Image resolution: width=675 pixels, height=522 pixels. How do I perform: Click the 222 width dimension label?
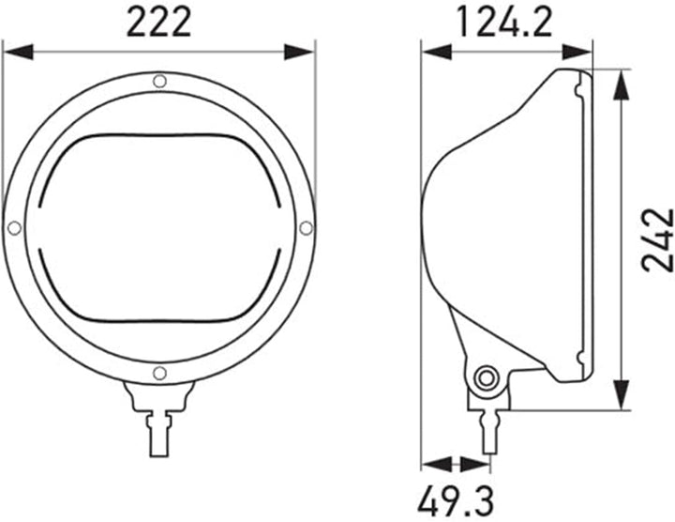[x=158, y=23]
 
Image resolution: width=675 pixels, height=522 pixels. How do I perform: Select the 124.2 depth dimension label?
[x=504, y=23]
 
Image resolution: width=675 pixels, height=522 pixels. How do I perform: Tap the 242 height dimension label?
[x=657, y=240]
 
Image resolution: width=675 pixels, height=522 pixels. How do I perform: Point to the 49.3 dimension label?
[x=457, y=500]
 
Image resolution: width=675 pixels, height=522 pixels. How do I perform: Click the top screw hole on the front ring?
[x=159, y=81]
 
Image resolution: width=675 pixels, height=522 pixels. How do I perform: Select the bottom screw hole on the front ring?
[x=159, y=373]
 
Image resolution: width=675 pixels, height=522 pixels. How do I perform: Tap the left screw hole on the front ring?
[x=15, y=228]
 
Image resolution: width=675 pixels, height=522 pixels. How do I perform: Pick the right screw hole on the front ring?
[x=306, y=228]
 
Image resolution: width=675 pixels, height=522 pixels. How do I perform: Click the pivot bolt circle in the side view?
[x=487, y=379]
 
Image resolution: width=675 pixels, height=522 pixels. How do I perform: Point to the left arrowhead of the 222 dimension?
[x=18, y=52]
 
